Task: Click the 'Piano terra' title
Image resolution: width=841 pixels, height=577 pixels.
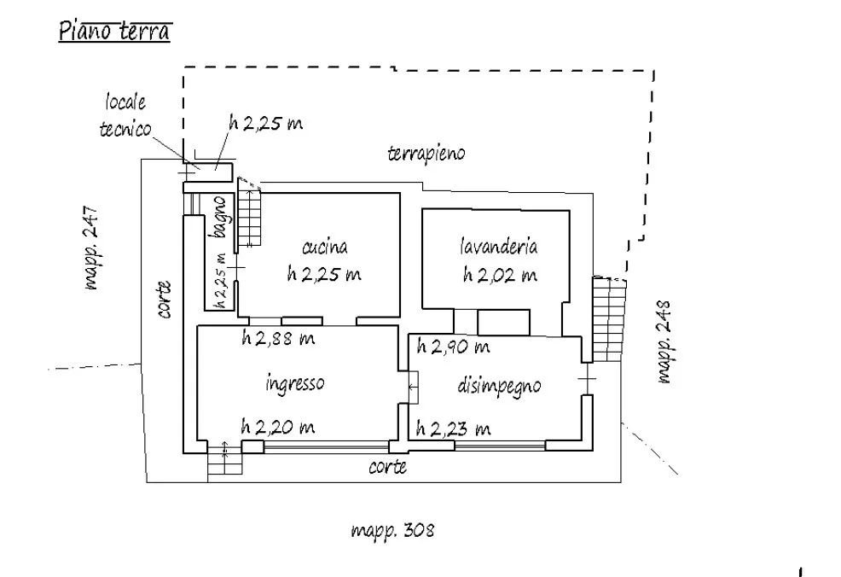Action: coord(115,31)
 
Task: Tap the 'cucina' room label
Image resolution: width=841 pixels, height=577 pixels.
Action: coord(325,247)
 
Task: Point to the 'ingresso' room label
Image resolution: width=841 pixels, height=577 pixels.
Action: coord(295,384)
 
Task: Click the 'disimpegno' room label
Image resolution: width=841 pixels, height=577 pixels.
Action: coord(499,387)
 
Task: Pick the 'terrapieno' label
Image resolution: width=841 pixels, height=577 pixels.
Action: coord(426,154)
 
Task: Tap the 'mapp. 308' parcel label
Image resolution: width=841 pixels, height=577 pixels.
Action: coord(392,530)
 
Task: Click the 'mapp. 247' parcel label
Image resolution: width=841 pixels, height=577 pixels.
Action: coord(92,248)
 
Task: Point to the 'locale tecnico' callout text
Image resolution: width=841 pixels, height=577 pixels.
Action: coord(125,115)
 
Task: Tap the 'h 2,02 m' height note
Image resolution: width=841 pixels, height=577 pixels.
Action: coord(500,275)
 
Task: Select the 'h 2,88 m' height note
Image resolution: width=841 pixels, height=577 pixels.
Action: coord(278,338)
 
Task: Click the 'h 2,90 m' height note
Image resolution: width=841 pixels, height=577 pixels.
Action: coord(453,347)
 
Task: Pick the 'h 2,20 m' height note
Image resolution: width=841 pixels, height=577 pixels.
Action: coord(278,427)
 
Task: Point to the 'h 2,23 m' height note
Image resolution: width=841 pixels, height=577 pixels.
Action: coord(453,428)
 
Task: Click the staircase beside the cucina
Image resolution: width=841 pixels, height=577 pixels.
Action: coord(249,213)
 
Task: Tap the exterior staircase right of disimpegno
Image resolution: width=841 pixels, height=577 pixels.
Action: coord(609,319)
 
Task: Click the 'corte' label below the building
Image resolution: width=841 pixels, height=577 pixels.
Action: coord(387,467)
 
